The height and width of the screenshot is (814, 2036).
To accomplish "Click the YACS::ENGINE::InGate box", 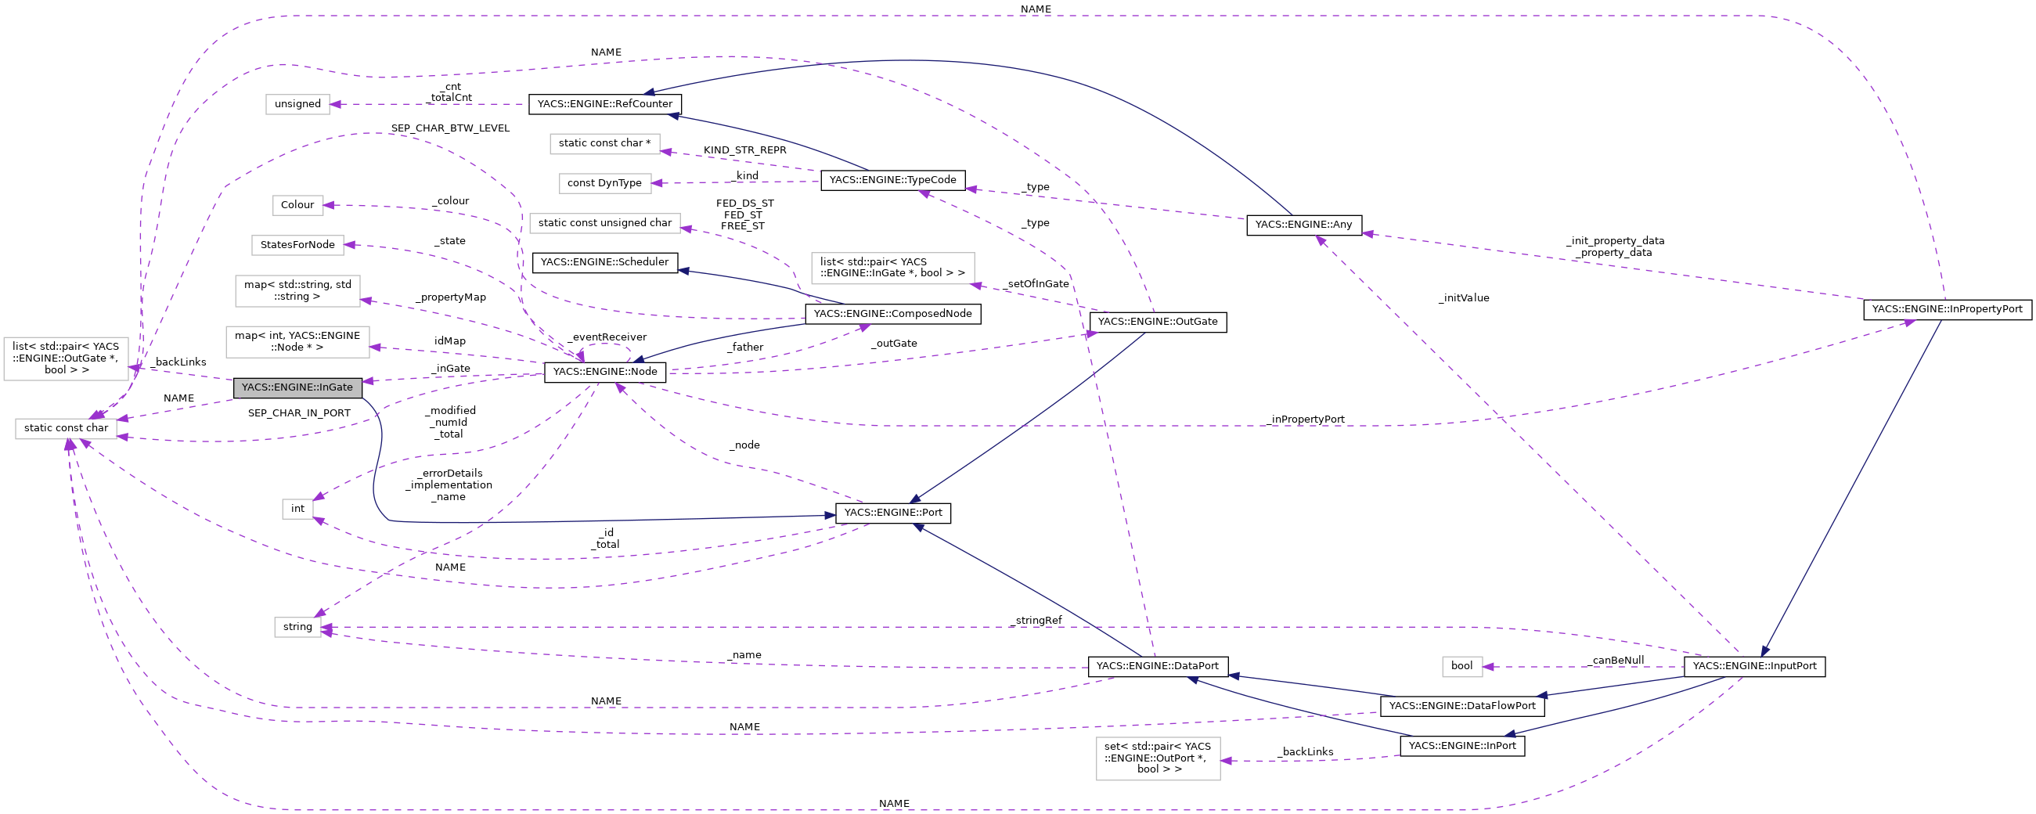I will [297, 387].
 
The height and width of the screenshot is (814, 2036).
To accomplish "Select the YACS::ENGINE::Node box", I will [604, 372].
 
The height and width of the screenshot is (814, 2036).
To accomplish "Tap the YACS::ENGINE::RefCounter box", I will [604, 103].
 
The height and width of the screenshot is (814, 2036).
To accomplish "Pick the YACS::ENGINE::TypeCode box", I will [892, 180].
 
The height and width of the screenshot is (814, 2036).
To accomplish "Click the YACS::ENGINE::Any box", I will [1303, 225].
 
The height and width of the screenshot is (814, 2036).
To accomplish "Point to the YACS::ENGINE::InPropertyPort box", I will [1947, 309].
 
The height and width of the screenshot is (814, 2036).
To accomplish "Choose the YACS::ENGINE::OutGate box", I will [1157, 322].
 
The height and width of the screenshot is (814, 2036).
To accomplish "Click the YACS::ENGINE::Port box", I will [893, 513].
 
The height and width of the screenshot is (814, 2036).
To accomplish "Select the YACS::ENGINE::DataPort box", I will [1157, 666].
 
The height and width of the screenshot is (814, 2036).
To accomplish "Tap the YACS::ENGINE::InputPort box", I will [1754, 666].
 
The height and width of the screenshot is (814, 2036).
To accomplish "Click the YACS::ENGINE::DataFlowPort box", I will [1461, 706].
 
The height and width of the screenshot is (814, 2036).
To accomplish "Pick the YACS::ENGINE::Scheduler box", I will [604, 262].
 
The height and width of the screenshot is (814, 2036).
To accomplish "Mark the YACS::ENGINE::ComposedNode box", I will [892, 314].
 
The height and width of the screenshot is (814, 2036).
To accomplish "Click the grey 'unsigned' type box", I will [297, 103].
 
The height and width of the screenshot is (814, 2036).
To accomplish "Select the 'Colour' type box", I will [297, 205].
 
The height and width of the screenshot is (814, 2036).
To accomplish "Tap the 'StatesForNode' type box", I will [297, 245].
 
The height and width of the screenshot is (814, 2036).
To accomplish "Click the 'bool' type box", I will [1461, 666].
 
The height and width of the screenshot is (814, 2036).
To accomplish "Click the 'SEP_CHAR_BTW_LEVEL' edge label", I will [450, 128].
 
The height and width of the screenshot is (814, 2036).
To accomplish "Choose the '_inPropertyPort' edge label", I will [1306, 420].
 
